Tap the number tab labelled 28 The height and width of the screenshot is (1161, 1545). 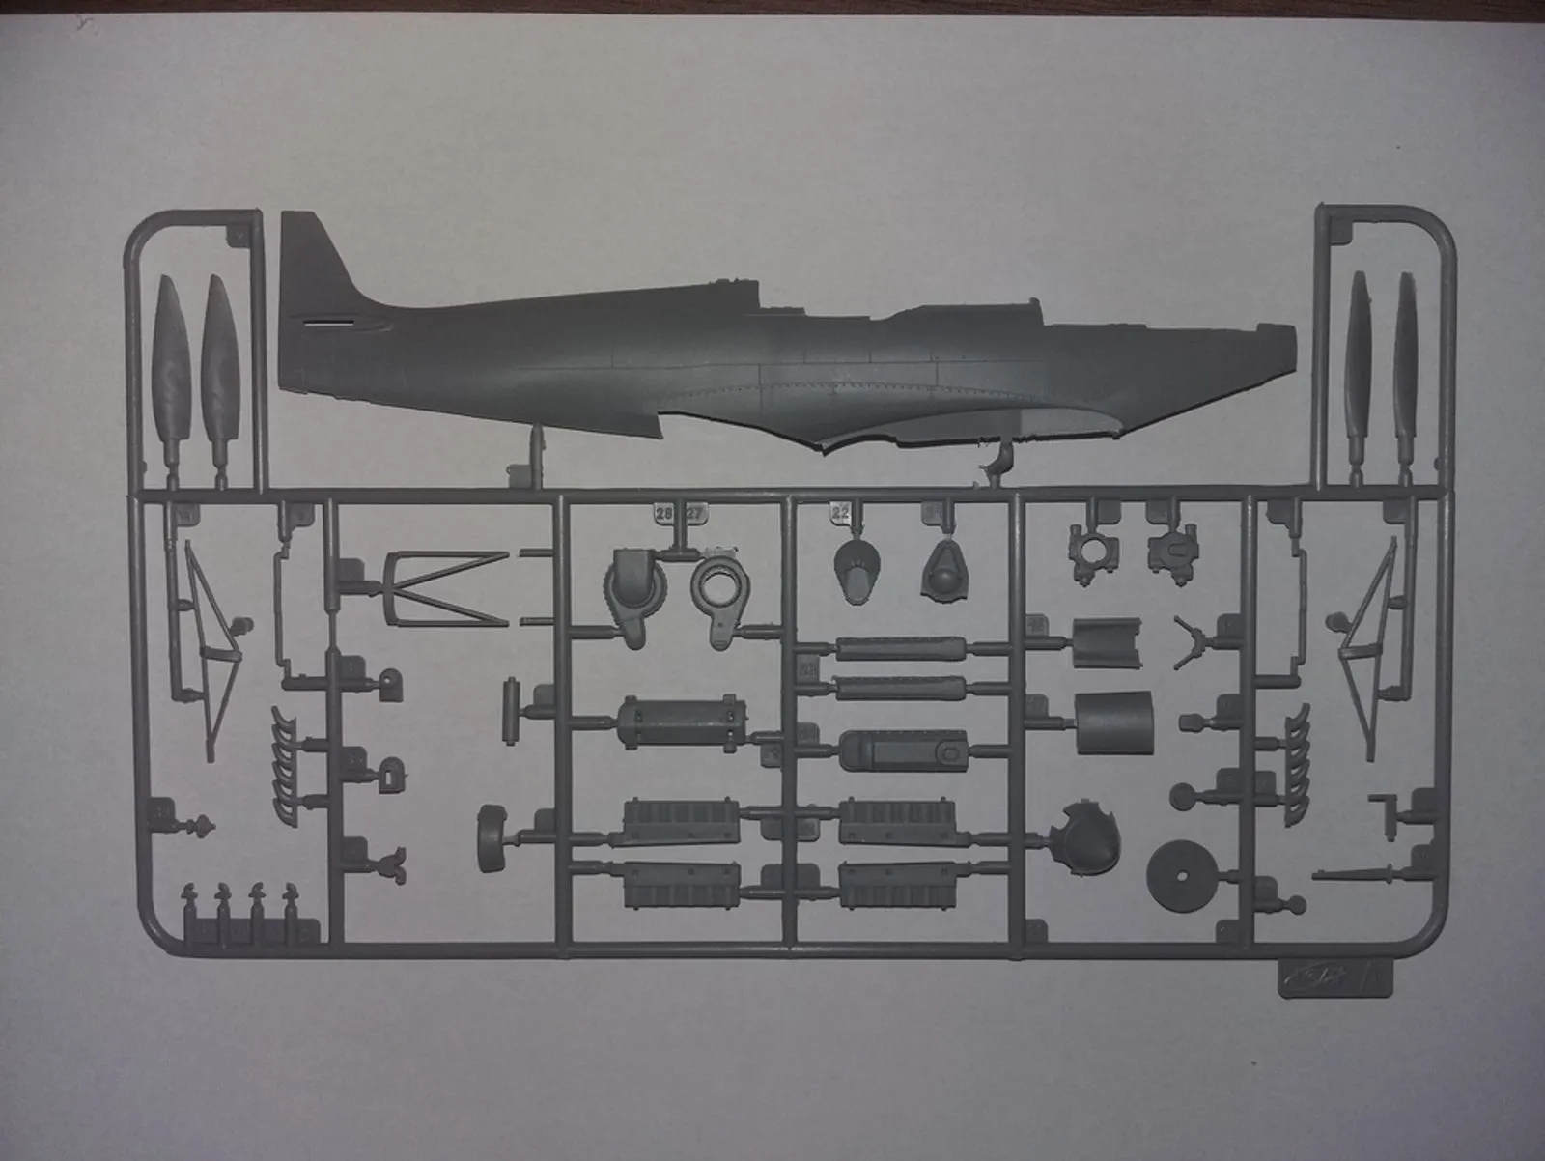coord(664,514)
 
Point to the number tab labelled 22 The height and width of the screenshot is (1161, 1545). coord(840,514)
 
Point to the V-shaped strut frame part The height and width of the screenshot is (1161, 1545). coord(439,584)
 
